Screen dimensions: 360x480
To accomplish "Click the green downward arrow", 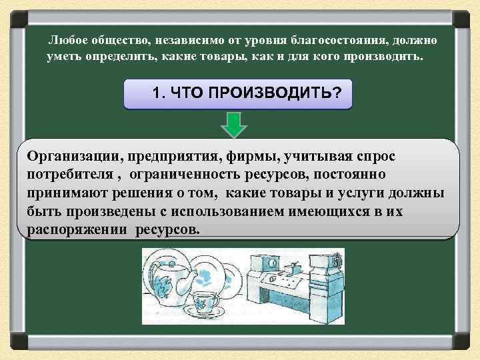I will point(234,125).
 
